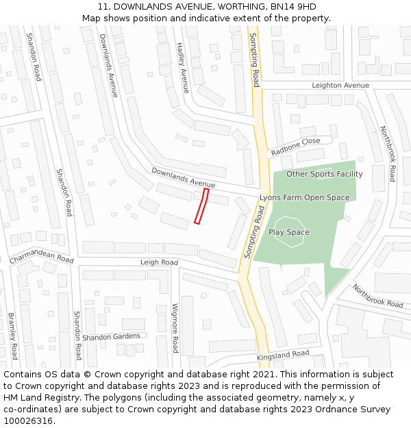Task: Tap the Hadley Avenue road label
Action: [x=182, y=67]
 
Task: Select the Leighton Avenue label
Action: [x=340, y=86]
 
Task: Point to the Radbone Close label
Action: [x=295, y=146]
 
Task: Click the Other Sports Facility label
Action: [x=324, y=174]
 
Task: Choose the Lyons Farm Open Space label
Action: [x=304, y=197]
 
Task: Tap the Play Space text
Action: [x=289, y=232]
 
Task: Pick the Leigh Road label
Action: [x=159, y=262]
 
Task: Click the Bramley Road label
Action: [x=12, y=336]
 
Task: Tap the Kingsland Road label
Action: [x=283, y=355]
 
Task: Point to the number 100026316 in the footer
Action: [x=28, y=421]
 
